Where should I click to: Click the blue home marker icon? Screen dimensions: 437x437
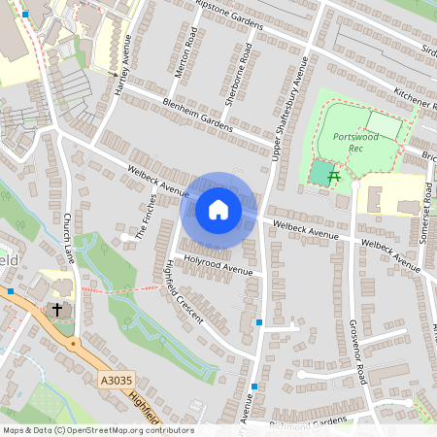pyautogui.click(x=218, y=210)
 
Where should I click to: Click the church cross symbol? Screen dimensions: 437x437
pyautogui.click(x=57, y=310)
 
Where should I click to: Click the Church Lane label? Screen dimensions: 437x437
pyautogui.click(x=68, y=239)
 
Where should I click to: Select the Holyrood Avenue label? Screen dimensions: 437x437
pyautogui.click(x=219, y=266)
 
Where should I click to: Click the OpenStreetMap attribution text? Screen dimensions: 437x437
pyautogui.click(x=97, y=430)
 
